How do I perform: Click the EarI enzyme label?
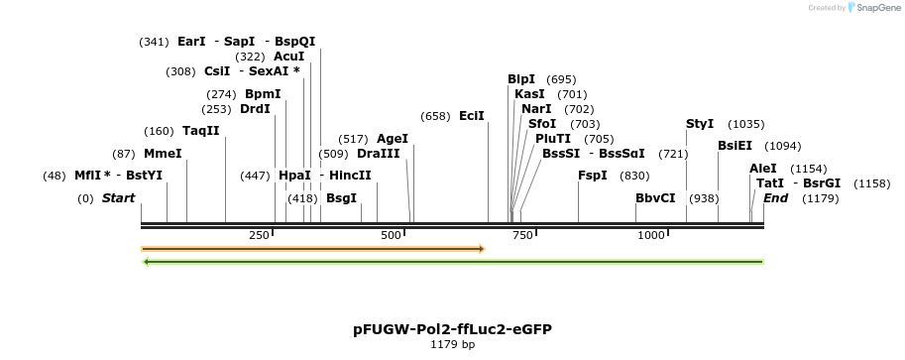(191, 42)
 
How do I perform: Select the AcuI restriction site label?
(288, 57)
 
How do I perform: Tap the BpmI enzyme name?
(263, 94)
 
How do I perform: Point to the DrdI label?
(255, 109)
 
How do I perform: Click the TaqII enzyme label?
(201, 131)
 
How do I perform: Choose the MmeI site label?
(163, 154)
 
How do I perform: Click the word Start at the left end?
(118, 198)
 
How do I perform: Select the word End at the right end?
(775, 198)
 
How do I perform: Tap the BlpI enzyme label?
(521, 79)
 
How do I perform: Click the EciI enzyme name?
(472, 116)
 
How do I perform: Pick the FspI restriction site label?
(593, 176)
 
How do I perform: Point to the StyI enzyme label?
(700, 124)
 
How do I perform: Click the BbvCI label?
(655, 198)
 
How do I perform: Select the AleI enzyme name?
(763, 169)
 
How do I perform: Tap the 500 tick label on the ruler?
(391, 235)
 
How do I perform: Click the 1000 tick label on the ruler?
(650, 235)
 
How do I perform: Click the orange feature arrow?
(312, 249)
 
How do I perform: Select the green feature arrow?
(453, 262)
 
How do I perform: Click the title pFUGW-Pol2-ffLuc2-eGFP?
(452, 328)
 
